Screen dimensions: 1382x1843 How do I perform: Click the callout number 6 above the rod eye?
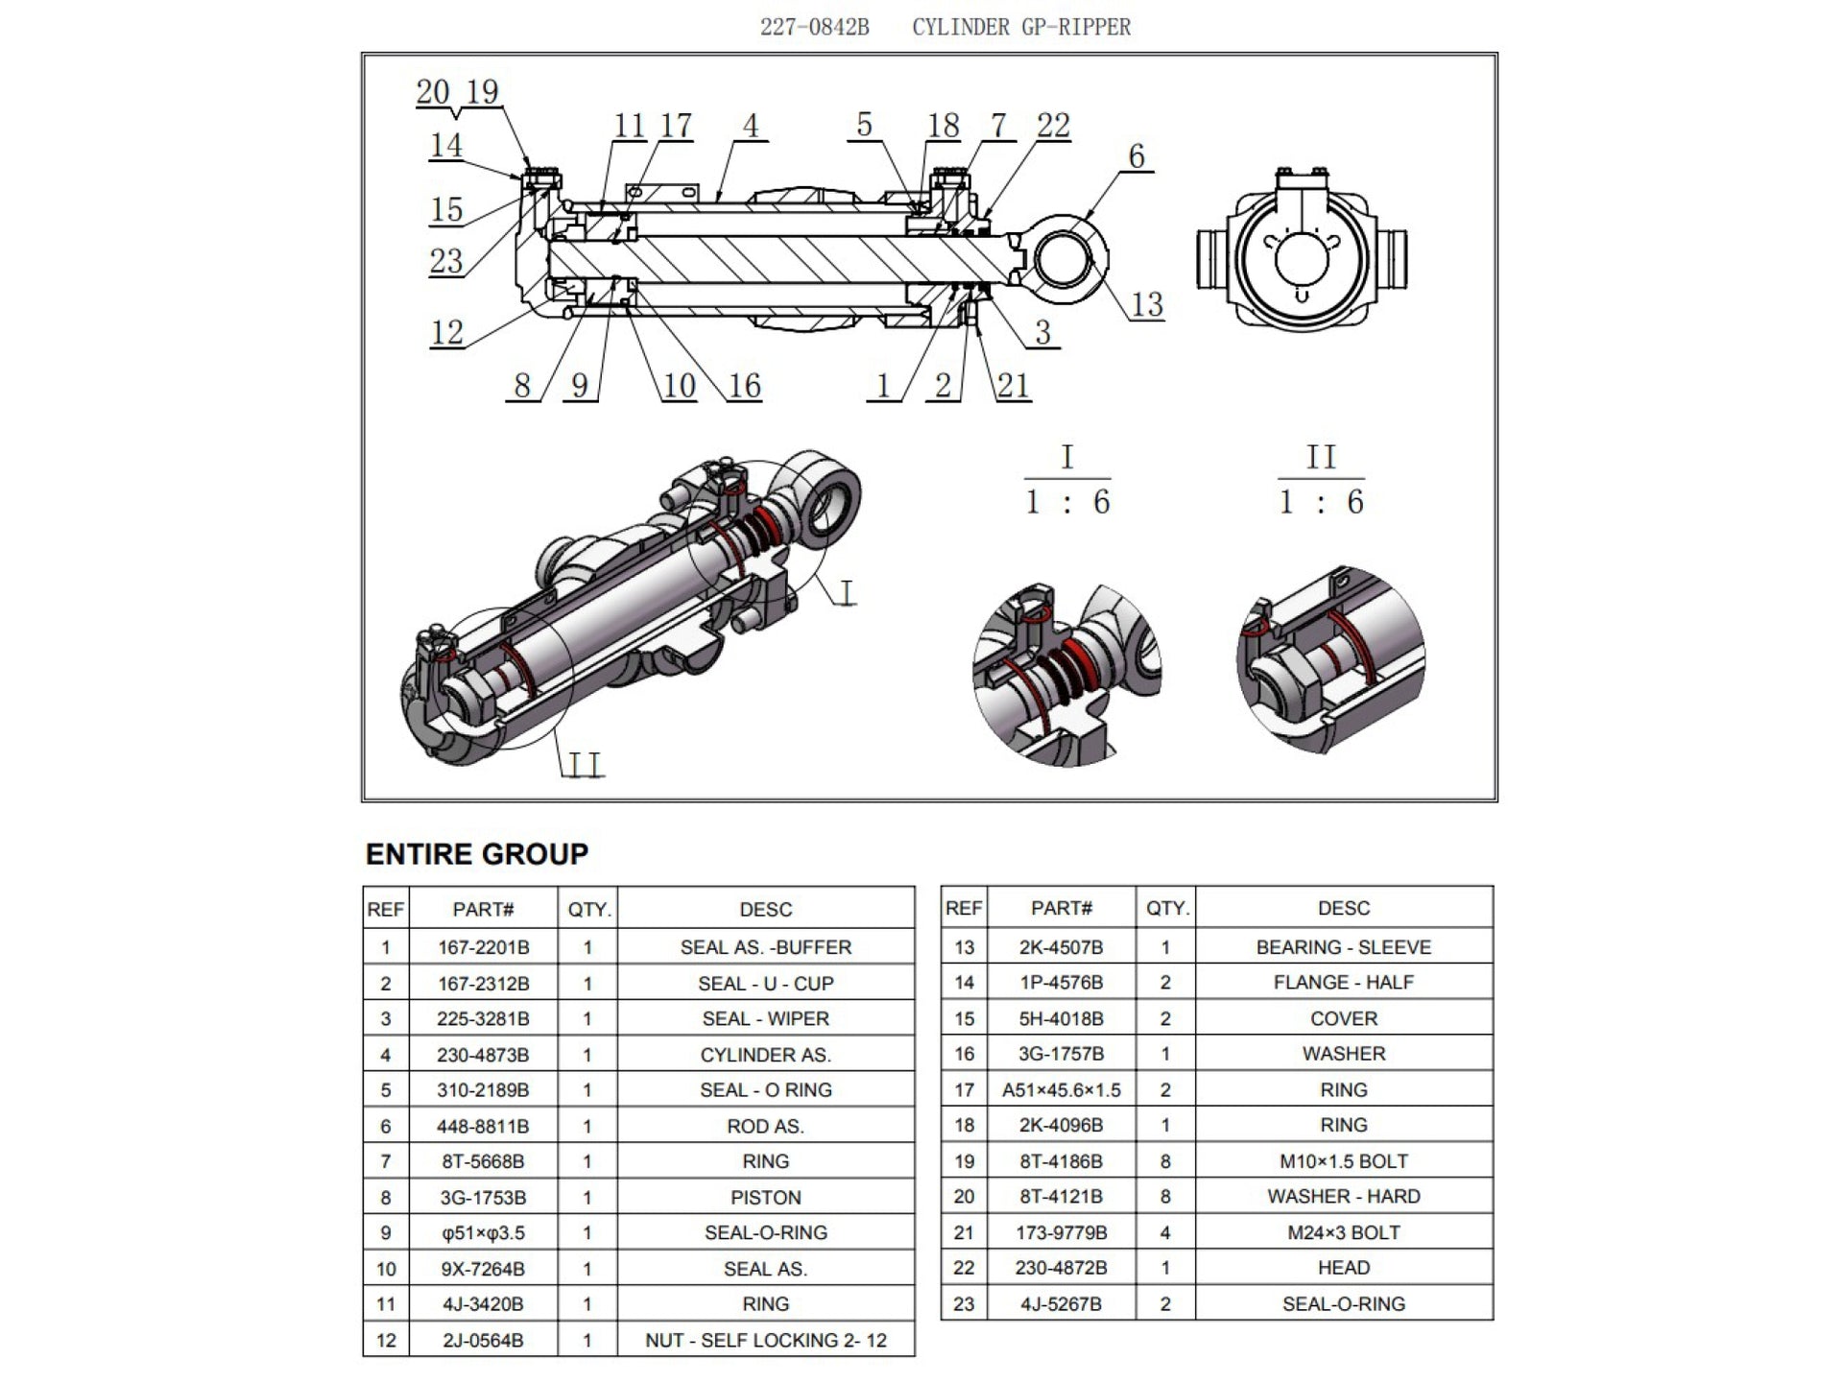click(1137, 156)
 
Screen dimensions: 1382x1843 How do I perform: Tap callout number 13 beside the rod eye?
click(1147, 305)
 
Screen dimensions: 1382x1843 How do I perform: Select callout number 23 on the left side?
click(446, 261)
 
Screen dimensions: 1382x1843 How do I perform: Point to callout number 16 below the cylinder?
click(744, 386)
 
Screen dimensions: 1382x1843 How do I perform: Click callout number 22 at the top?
click(1053, 126)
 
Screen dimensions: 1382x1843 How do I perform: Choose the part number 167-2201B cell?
click(483, 947)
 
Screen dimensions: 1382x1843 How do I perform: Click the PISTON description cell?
click(765, 1197)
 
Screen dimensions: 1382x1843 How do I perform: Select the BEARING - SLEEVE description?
click(1343, 947)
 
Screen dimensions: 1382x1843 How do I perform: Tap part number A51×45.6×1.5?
click(1061, 1089)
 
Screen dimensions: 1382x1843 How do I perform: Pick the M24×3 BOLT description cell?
click(1343, 1232)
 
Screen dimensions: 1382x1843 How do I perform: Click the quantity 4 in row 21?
click(1164, 1232)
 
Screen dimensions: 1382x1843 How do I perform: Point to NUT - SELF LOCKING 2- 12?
click(765, 1340)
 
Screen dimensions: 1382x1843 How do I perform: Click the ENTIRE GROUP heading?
click(477, 853)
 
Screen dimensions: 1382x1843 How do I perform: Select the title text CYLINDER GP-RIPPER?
click(1021, 27)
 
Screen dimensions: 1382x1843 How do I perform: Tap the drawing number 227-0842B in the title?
click(814, 27)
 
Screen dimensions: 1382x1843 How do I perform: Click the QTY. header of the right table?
click(1166, 908)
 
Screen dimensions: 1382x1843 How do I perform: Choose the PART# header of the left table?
click(483, 909)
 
